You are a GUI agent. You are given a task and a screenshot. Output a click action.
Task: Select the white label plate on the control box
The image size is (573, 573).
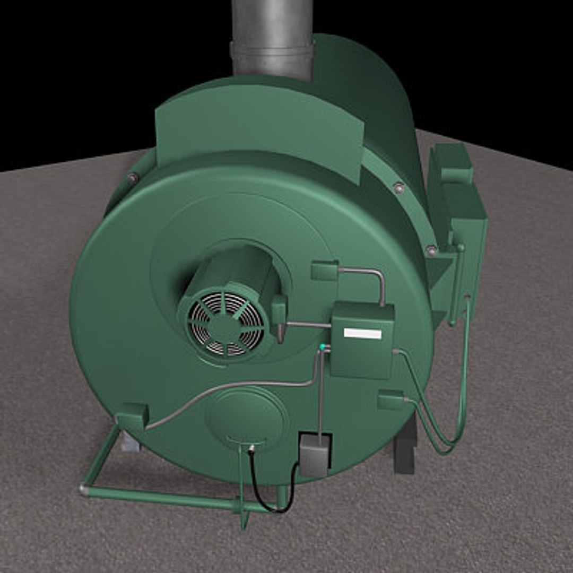[362, 333]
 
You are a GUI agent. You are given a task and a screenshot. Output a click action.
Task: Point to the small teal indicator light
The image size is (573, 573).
[322, 347]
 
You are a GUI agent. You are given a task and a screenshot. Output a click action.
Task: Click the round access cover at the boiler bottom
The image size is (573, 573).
[247, 416]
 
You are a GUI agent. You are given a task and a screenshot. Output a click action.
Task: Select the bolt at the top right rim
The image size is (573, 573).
[398, 187]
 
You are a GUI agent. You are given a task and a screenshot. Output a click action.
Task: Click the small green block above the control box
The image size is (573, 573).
[325, 271]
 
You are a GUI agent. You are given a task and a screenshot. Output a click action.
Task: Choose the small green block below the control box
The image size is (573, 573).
[391, 399]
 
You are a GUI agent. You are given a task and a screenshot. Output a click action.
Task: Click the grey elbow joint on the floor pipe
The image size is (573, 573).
[84, 489]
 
